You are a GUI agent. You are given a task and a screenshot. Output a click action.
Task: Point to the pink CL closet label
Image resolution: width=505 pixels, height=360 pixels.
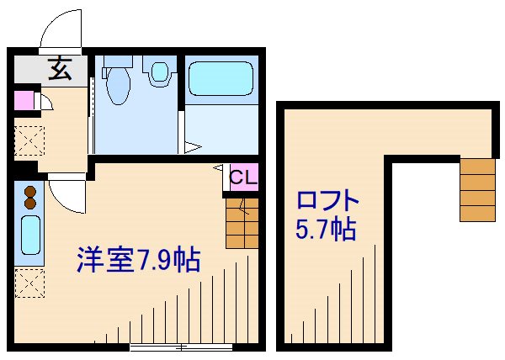point(243,177)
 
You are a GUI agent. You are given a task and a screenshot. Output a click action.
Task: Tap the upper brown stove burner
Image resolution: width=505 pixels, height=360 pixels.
point(30,191)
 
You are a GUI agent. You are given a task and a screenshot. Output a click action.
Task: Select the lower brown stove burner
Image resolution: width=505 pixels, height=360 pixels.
point(30,203)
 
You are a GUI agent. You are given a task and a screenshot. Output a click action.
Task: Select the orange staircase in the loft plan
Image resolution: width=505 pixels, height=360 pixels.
point(477,189)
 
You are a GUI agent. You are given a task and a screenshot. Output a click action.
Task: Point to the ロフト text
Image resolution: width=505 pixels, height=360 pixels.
point(327,203)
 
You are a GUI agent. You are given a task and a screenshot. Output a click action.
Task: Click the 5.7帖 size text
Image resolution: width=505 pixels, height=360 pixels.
point(327,230)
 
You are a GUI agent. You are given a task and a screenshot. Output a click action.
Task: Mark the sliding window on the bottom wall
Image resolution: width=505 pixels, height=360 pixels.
point(182,346)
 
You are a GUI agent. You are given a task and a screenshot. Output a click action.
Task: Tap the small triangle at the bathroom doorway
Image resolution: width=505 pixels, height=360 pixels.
point(194,149)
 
